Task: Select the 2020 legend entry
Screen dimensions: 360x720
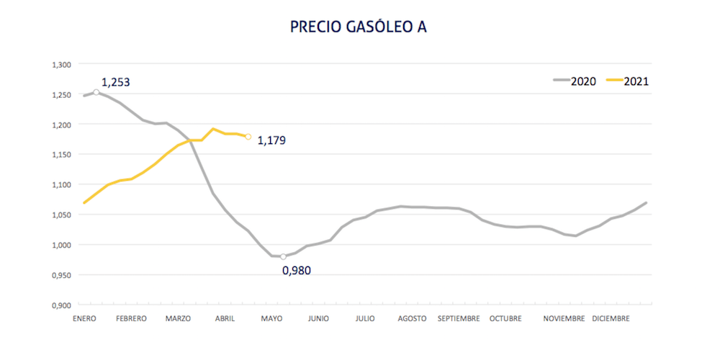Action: pos(574,81)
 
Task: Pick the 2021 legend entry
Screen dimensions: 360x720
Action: pos(628,81)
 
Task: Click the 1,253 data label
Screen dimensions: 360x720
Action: pos(115,82)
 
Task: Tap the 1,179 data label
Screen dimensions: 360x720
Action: pos(271,140)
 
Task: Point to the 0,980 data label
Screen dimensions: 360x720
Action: pos(297,270)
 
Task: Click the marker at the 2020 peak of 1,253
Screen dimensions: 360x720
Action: pos(96,92)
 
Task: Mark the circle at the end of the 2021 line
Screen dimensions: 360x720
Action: pos(248,136)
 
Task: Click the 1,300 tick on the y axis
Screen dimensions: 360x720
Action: pos(61,65)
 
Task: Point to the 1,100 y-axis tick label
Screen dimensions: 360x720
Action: pos(61,185)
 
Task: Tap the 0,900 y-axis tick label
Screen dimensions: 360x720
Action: pos(61,305)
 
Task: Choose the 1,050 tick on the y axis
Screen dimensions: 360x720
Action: pos(61,215)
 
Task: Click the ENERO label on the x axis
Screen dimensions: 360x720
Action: pos(84,318)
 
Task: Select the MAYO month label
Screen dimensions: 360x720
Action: pos(271,318)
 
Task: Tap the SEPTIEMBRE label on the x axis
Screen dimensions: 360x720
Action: pos(458,318)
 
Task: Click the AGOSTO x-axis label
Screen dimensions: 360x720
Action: pos(413,318)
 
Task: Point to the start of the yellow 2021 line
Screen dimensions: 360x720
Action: pos(84,203)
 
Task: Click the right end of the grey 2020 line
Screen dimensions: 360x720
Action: pos(646,202)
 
